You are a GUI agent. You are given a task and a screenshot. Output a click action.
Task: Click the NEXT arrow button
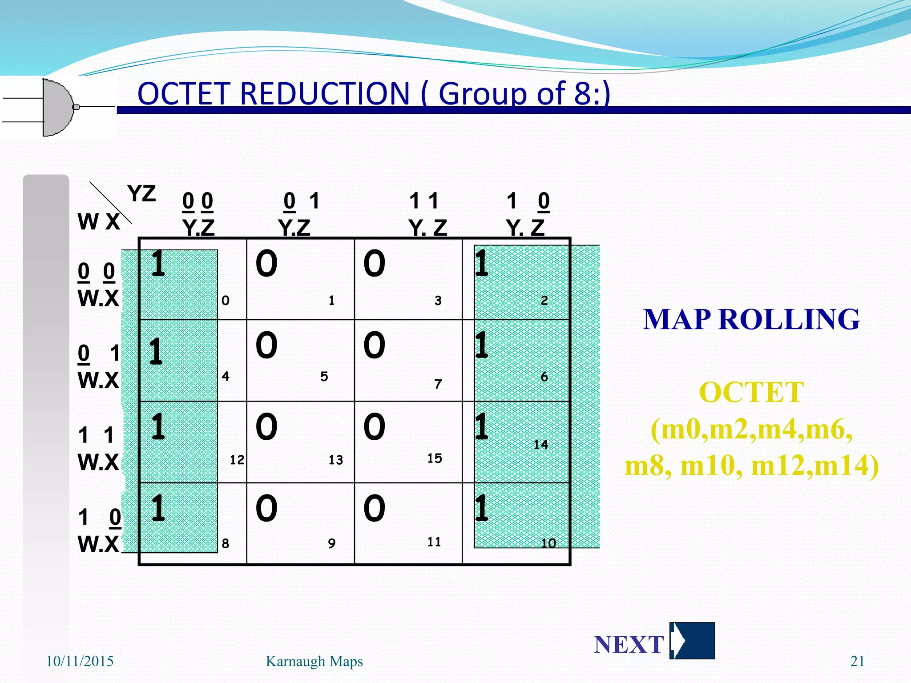pyautogui.click(x=692, y=641)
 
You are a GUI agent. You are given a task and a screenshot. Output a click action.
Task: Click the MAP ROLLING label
pyautogui.click(x=751, y=319)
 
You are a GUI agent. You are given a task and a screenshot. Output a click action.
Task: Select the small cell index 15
pyautogui.click(x=435, y=458)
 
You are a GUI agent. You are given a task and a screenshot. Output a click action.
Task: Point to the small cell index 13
pyautogui.click(x=336, y=460)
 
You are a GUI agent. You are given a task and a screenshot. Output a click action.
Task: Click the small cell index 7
pyautogui.click(x=438, y=384)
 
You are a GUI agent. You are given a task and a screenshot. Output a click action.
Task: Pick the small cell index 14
pyautogui.click(x=540, y=445)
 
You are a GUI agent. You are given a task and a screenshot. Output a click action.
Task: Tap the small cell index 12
pyautogui.click(x=237, y=460)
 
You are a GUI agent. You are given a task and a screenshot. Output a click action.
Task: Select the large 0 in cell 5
pyautogui.click(x=266, y=346)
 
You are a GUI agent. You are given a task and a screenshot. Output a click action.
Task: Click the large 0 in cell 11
pyautogui.click(x=374, y=508)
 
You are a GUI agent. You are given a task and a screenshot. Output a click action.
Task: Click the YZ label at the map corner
pyautogui.click(x=141, y=194)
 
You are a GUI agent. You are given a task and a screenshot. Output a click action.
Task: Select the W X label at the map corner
pyautogui.click(x=99, y=221)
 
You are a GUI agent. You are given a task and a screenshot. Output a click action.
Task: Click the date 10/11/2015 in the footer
pyautogui.click(x=80, y=661)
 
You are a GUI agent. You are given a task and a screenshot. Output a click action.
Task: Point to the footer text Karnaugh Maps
pyautogui.click(x=314, y=661)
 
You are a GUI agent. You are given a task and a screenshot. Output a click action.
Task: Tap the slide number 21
pyautogui.click(x=857, y=661)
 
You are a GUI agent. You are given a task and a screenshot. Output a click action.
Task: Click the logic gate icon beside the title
pyautogui.click(x=58, y=107)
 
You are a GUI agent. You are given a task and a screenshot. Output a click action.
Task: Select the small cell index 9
pyautogui.click(x=331, y=543)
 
